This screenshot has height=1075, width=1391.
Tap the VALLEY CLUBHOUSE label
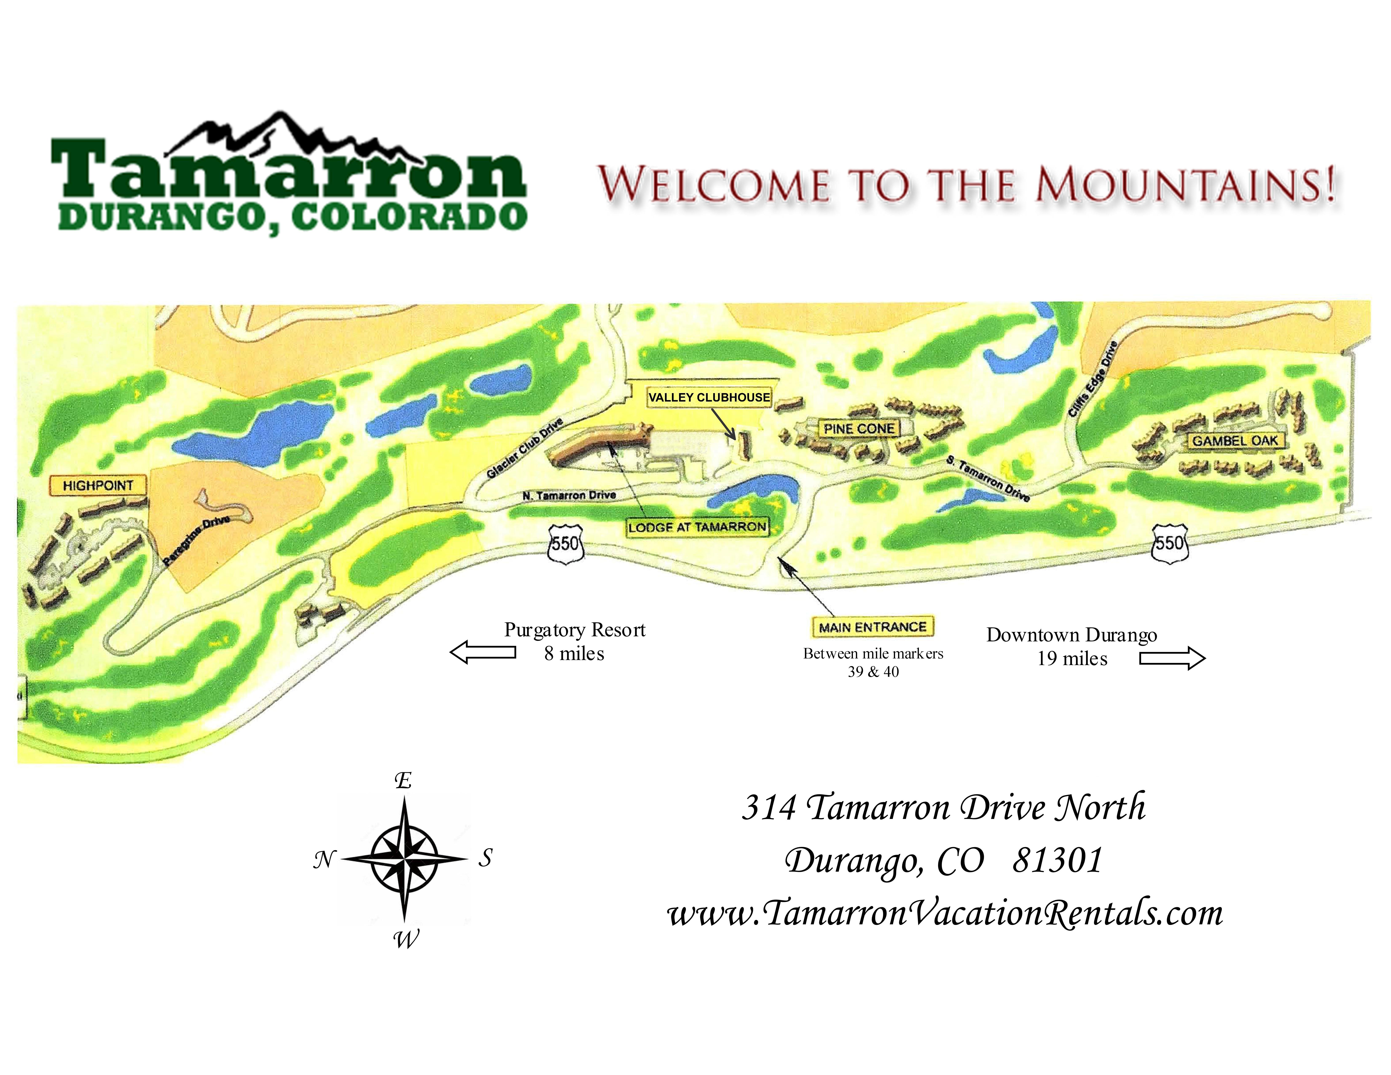(709, 397)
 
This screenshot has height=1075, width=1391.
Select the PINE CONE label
(859, 429)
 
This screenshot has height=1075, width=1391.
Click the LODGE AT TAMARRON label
(697, 527)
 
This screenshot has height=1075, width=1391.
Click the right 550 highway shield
(1170, 543)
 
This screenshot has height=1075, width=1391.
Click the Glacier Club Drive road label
(525, 449)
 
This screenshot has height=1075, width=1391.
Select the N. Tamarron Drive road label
(569, 495)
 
